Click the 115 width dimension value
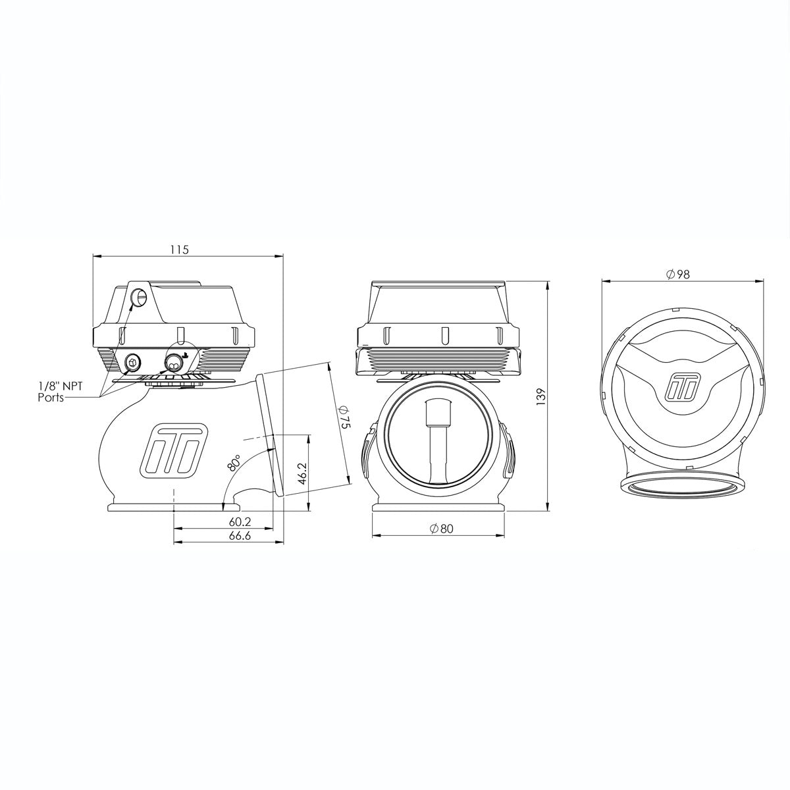point(180,250)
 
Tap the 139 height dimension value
point(542,396)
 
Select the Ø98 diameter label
point(678,275)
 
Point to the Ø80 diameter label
point(442,529)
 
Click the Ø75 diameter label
point(344,417)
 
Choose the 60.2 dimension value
point(240,522)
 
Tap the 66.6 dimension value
point(240,536)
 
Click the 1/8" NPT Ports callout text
point(61,392)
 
